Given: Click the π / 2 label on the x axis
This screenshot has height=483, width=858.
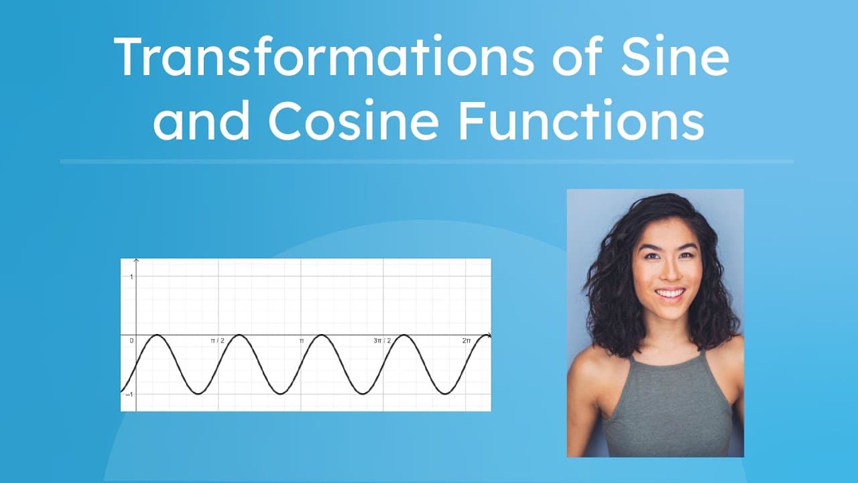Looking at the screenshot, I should [217, 341].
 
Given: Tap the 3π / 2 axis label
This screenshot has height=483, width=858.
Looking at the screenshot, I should [382, 341].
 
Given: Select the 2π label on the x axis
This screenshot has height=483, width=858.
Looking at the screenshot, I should [467, 341].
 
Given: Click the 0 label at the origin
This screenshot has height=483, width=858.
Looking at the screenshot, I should [131, 341].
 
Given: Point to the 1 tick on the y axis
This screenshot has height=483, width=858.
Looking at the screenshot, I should [131, 276].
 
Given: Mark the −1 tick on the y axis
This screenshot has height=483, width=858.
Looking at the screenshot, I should [130, 394].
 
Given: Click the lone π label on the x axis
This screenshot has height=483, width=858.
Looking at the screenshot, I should [302, 341].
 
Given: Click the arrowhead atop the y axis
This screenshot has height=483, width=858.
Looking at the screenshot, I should [137, 260].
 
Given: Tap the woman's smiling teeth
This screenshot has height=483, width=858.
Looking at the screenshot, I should [670, 293].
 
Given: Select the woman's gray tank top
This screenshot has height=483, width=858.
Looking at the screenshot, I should [667, 409].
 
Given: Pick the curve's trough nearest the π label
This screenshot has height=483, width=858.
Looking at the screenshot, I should [280, 394].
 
